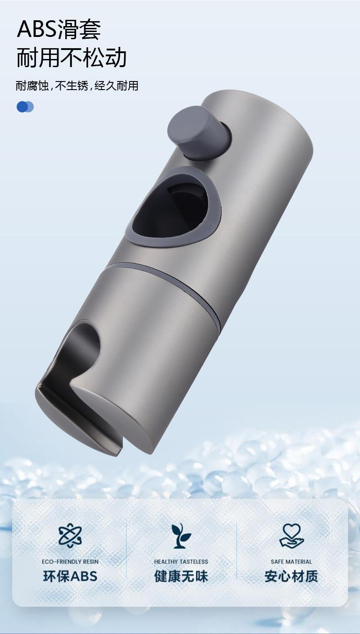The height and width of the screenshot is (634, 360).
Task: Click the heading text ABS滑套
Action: point(59,29)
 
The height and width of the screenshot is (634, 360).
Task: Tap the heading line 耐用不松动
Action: point(71,58)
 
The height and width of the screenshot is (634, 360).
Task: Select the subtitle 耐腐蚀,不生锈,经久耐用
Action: point(77,86)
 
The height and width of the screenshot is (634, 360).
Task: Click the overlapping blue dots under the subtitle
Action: point(25,107)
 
